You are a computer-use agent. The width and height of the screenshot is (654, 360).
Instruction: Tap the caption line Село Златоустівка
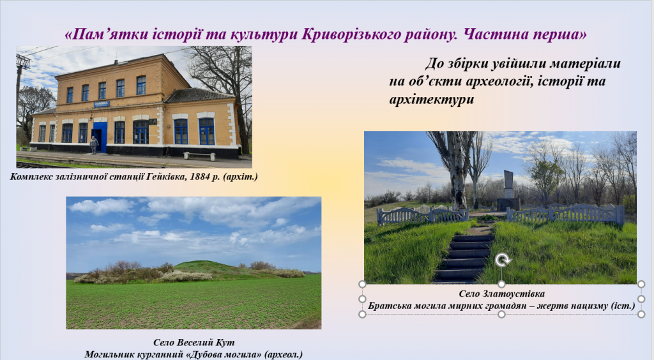click(501, 294)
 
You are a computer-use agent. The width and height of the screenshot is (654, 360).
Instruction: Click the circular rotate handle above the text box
click(502, 260)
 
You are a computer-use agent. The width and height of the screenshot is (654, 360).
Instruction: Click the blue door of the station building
click(98, 137)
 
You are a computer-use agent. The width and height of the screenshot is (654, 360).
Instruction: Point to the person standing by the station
click(94, 145)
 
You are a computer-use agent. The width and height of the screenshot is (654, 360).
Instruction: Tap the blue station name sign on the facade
click(102, 103)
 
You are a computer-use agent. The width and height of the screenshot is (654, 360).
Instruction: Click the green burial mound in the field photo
click(204, 267)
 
